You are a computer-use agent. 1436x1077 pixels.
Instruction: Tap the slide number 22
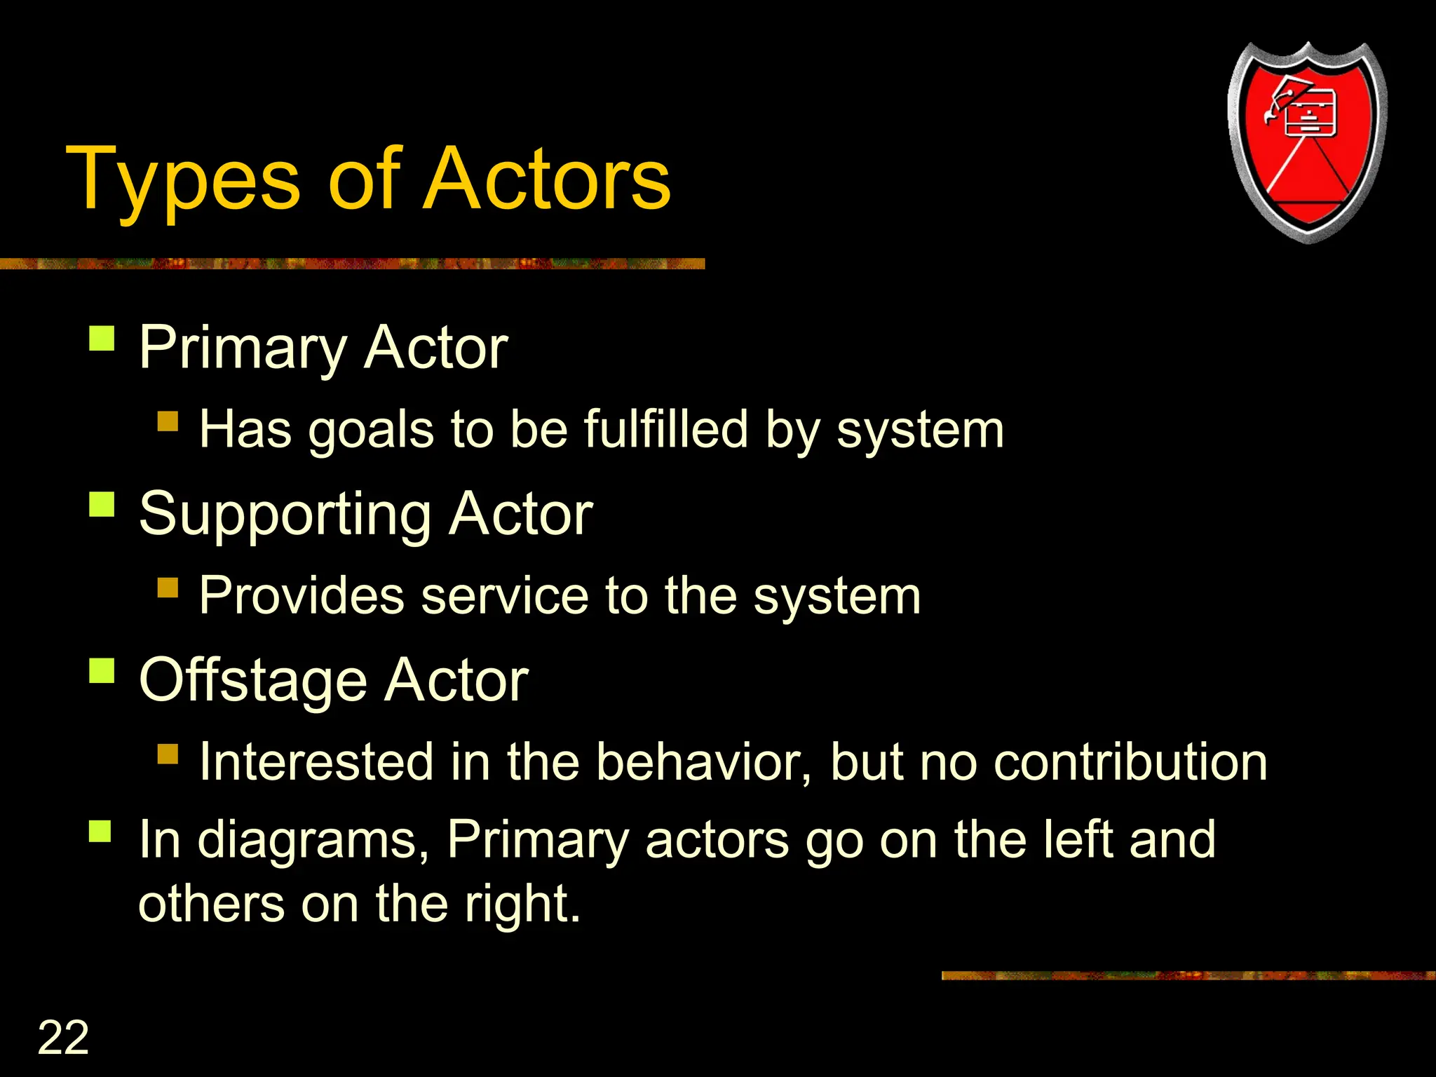tap(63, 1037)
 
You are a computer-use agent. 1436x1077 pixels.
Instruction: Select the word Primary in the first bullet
tap(243, 348)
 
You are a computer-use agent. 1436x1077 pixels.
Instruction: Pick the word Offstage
tap(252, 680)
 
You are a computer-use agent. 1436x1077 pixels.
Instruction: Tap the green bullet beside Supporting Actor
tap(102, 504)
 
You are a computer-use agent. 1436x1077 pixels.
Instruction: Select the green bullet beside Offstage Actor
tap(102, 670)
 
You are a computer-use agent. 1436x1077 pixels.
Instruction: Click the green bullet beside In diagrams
tap(101, 832)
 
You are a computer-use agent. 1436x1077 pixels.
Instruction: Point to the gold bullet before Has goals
tap(168, 421)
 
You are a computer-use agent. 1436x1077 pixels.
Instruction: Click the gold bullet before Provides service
tap(168, 587)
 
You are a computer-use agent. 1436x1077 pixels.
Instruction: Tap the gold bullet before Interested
tap(168, 754)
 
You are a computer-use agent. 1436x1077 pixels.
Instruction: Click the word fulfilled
tap(666, 429)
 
